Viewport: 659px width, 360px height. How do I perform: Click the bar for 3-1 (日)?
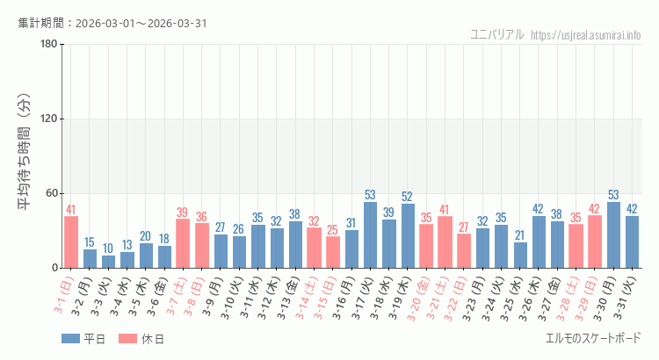(71, 241)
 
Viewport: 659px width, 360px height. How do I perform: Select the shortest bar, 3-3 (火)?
(108, 262)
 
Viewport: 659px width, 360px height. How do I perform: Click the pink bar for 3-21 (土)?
(445, 242)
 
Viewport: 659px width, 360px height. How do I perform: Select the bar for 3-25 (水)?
(520, 255)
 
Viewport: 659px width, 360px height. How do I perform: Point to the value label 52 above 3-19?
(408, 197)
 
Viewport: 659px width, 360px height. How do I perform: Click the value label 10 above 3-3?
(108, 248)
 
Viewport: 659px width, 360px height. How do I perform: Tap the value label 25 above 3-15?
(333, 230)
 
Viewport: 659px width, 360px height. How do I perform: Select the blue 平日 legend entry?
(83, 338)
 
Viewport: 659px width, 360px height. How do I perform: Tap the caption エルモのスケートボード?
(593, 338)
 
